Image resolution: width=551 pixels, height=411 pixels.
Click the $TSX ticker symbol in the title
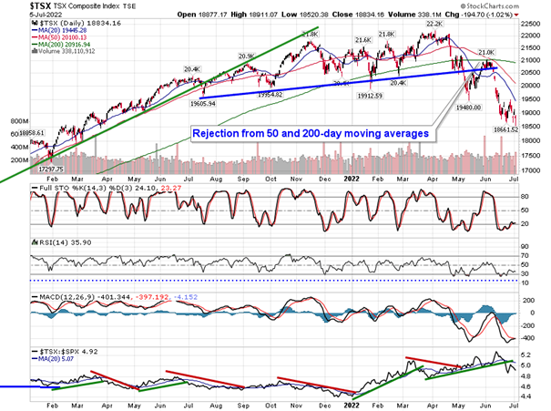pos(17,5)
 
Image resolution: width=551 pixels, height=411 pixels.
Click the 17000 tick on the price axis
pos(531,171)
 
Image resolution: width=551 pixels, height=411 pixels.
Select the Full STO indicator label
pos(64,190)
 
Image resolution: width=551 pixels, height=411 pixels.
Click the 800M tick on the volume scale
pos(14,120)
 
